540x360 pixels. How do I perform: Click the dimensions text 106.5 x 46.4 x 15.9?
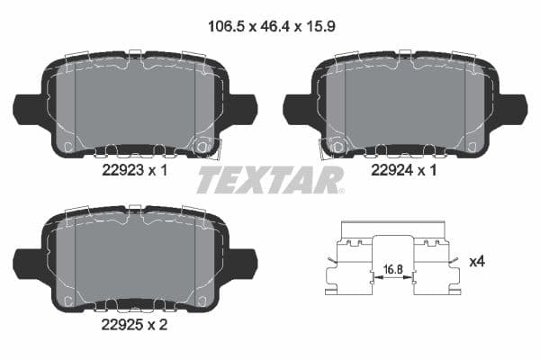269,28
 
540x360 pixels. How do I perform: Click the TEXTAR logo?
269,180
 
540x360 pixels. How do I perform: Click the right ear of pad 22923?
243,109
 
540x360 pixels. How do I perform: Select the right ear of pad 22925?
243,264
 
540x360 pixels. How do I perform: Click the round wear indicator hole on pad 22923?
202,145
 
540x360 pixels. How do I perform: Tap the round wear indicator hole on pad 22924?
337,145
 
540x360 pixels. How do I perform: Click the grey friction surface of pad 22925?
135,261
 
